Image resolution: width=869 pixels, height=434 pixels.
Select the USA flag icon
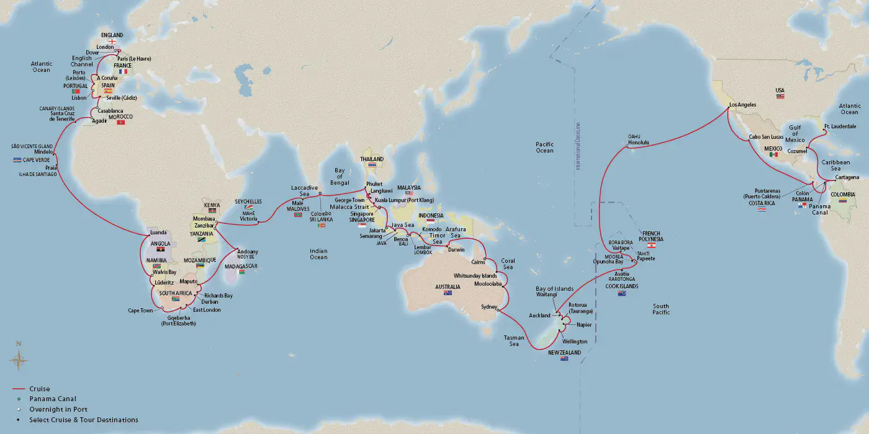[780, 97]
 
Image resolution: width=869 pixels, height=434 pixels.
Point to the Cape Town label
[140, 311]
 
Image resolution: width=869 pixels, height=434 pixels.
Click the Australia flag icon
[448, 293]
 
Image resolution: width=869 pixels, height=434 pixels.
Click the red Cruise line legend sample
[19, 389]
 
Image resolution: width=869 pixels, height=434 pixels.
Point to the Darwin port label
[456, 250]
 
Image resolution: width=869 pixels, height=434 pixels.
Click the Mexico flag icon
[774, 155]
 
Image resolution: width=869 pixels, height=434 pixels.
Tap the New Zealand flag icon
[564, 358]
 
